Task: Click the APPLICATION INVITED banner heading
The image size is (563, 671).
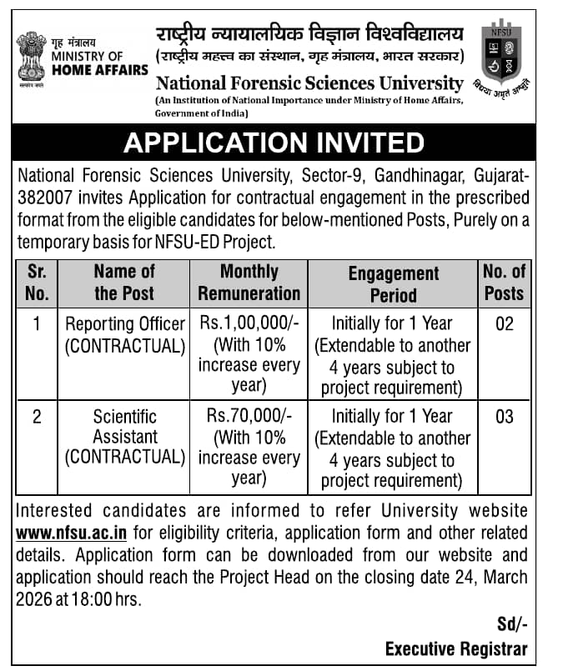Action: [274, 143]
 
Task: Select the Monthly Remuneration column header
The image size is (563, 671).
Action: [249, 282]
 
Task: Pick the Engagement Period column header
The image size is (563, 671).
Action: [393, 283]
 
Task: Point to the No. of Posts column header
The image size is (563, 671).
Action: [504, 282]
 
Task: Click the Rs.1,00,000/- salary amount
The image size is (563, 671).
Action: [249, 323]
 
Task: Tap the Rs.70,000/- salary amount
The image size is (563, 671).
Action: [249, 415]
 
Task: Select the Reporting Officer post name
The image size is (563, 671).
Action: [125, 323]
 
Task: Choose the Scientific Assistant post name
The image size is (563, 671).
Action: [125, 426]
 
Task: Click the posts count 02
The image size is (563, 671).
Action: [505, 323]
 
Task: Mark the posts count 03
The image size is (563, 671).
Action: [505, 415]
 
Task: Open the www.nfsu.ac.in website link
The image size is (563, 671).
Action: [71, 533]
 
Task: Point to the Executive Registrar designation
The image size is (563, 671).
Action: [456, 648]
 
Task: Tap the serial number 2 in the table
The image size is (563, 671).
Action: [37, 415]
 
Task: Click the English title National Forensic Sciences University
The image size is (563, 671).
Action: [309, 83]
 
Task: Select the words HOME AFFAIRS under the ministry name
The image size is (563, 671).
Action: [99, 70]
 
